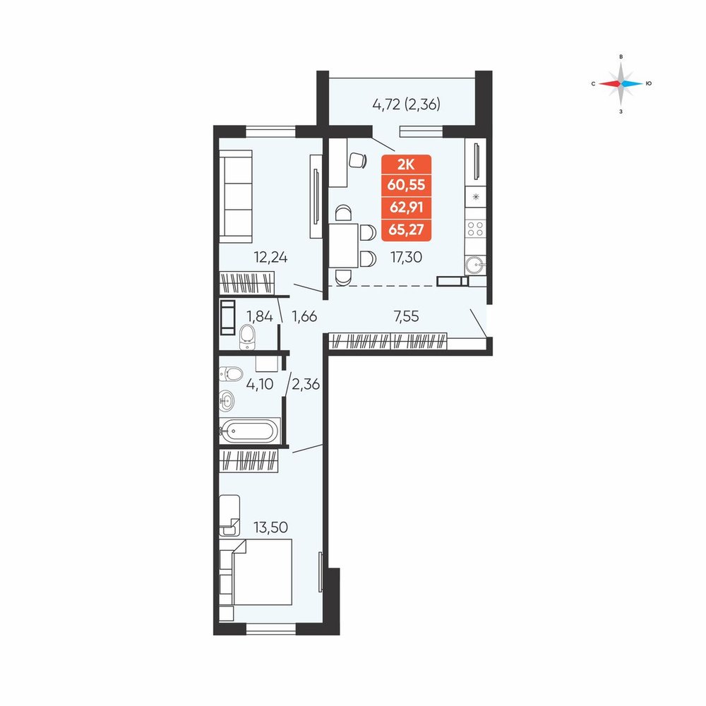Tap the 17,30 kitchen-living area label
[x=406, y=257]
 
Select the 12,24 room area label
[x=270, y=257]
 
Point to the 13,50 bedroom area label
[x=270, y=527]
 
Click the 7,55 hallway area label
[x=406, y=316]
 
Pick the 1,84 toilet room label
[x=260, y=316]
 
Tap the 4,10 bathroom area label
[x=260, y=384]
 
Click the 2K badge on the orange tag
[x=406, y=164]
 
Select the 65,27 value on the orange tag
[x=406, y=229]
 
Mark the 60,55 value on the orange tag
[x=406, y=184]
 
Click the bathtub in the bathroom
[x=249, y=431]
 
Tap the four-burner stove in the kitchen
[x=475, y=229]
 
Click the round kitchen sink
[x=475, y=265]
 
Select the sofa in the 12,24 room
[x=236, y=196]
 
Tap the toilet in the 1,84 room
[x=247, y=337]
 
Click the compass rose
[x=621, y=84]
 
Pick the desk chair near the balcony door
[x=357, y=160]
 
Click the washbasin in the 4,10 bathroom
[x=227, y=400]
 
